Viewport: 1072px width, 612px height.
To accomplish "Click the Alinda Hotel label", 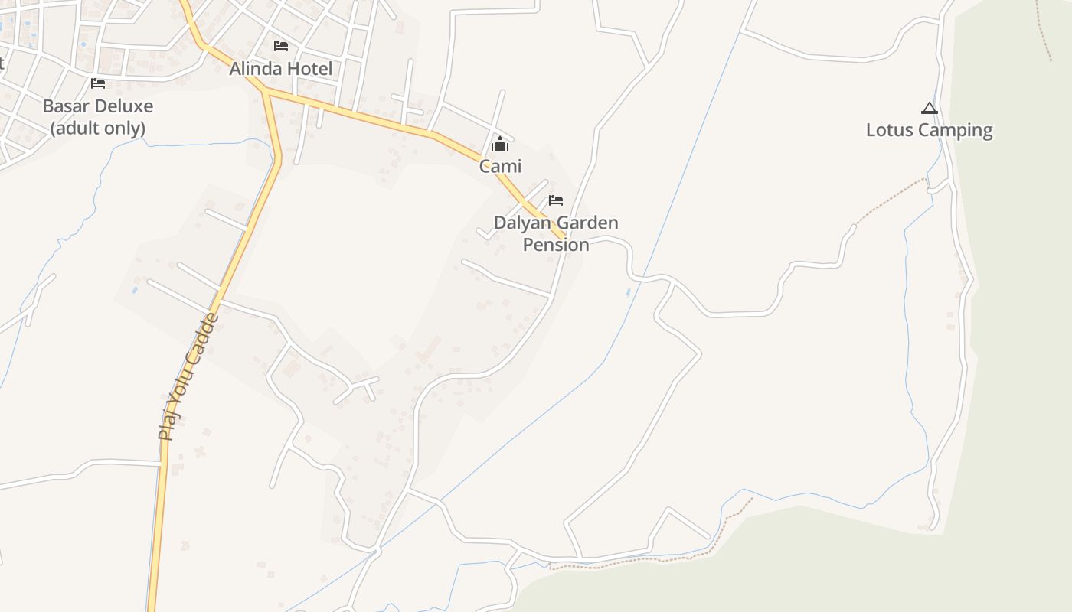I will pyautogui.click(x=281, y=69).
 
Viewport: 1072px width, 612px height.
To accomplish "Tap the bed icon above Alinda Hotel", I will pyautogui.click(x=281, y=46).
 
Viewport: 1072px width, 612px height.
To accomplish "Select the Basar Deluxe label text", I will pyautogui.click(x=98, y=106).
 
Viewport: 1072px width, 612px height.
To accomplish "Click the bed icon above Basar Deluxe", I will pyautogui.click(x=98, y=83).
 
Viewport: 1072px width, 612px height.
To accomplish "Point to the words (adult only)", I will pyautogui.click(x=98, y=128).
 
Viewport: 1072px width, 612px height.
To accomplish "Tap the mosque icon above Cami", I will pyautogui.click(x=500, y=144).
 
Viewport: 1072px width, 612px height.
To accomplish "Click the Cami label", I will pyautogui.click(x=500, y=166).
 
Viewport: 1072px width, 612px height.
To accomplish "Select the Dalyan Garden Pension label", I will pyautogui.click(x=556, y=233).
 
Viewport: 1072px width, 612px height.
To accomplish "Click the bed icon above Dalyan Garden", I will pyautogui.click(x=556, y=200).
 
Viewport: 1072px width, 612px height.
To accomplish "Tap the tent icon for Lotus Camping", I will pyautogui.click(x=929, y=109).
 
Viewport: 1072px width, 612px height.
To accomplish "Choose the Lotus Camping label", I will pyautogui.click(x=929, y=130).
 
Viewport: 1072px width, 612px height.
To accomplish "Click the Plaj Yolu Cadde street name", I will pyautogui.click(x=188, y=376).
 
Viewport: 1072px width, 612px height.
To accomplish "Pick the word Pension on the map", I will pyautogui.click(x=556, y=245).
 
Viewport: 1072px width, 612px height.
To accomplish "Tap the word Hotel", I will pyautogui.click(x=309, y=69).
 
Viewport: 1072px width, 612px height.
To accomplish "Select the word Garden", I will pyautogui.click(x=587, y=223).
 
